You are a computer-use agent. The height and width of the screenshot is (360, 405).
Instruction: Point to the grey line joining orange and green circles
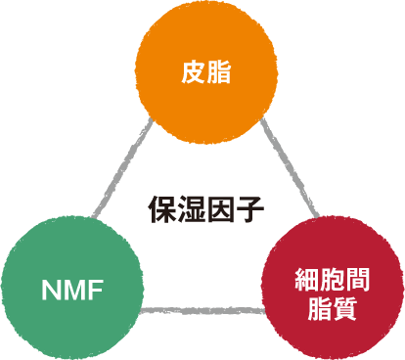pos(122,167)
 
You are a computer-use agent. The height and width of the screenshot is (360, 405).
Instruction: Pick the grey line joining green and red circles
pos(201,311)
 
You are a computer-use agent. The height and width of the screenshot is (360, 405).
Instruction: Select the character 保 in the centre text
pos(161,208)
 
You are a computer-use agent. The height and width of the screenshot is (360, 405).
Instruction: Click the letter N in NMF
pos(51,289)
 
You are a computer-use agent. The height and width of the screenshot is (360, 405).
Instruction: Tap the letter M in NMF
pos(73,289)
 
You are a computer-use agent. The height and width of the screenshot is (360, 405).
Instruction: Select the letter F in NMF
pos(95,289)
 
